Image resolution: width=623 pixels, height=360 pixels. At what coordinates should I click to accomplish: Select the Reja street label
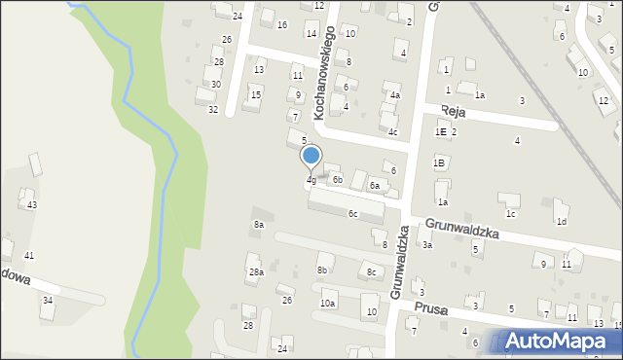point(454,113)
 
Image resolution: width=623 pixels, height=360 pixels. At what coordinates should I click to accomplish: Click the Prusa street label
point(429,308)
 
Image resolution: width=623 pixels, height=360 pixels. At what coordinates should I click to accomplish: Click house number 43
point(32,204)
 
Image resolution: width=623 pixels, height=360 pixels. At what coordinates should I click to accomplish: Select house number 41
point(29,255)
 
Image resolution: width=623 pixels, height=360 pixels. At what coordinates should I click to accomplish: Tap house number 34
point(47,300)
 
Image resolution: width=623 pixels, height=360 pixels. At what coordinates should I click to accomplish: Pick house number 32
point(213,109)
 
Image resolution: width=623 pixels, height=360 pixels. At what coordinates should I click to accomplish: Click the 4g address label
point(311,180)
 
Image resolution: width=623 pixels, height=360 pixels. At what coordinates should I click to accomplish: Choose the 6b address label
point(337,180)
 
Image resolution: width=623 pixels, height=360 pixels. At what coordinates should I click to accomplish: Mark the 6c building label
point(353,214)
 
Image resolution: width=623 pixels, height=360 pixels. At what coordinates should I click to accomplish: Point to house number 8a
point(259,225)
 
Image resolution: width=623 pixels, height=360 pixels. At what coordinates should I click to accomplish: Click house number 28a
point(256,272)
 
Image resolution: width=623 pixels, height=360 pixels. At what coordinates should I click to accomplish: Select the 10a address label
point(328,304)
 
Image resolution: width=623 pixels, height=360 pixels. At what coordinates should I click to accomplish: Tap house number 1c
point(510,213)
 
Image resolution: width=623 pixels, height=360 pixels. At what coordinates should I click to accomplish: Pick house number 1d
point(561,221)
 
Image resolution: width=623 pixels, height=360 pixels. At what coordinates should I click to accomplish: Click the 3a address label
point(426,245)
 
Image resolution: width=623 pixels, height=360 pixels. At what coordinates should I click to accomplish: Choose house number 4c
point(392,131)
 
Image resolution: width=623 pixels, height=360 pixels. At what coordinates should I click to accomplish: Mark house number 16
point(282,24)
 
